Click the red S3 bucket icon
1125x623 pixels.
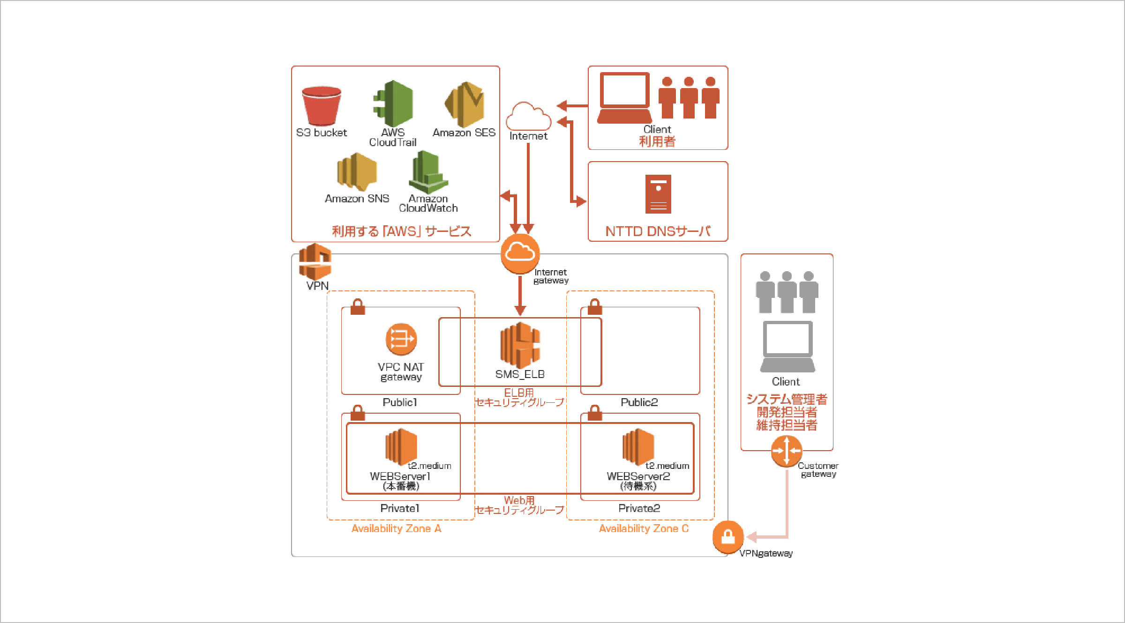point(321,106)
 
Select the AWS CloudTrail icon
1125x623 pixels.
point(394,104)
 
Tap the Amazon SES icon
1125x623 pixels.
point(464,104)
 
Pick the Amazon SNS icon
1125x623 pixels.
point(357,172)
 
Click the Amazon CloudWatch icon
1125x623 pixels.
point(428,172)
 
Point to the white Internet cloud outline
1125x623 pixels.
point(528,117)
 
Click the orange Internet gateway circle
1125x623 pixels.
point(520,253)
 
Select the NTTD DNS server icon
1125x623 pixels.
point(658,194)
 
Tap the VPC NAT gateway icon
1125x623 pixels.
point(401,339)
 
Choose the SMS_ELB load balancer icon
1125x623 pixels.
point(520,345)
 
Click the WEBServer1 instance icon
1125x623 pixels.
point(401,447)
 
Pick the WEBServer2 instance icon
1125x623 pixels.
point(638,447)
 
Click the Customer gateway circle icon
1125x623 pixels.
point(787,451)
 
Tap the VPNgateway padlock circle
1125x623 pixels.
point(728,537)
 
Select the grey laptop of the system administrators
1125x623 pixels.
point(787,346)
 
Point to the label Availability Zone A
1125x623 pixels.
point(396,528)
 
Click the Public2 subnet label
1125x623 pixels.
point(639,402)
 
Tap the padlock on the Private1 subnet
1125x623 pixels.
point(358,413)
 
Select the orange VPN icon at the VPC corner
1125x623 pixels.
point(315,262)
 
